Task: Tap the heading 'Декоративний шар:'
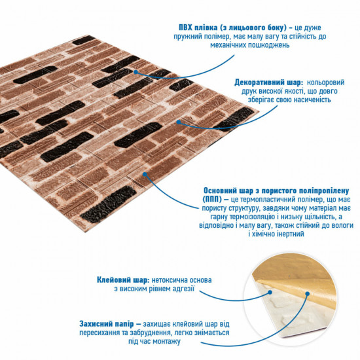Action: click(x=268, y=83)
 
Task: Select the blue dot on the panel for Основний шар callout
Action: click(x=144, y=174)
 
